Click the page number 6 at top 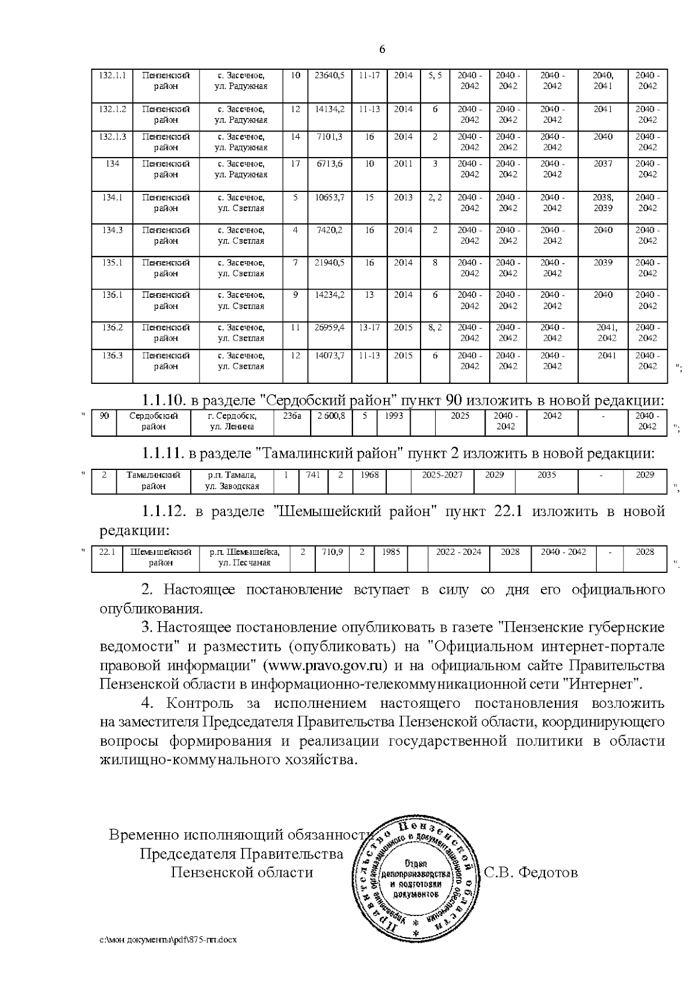tap(382, 50)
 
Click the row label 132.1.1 tap(113, 76)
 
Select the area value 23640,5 tap(329, 76)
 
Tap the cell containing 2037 tap(603, 164)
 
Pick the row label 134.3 tap(113, 230)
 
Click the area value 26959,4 tap(329, 327)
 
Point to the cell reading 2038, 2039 tap(603, 202)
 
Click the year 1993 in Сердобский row tap(393, 416)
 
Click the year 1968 tap(369, 475)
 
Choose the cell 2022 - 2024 tap(458, 552)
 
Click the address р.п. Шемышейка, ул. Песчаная tap(244, 557)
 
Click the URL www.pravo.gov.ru tap(325, 665)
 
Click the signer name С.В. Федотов tap(530, 872)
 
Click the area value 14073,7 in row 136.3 tap(329, 355)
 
